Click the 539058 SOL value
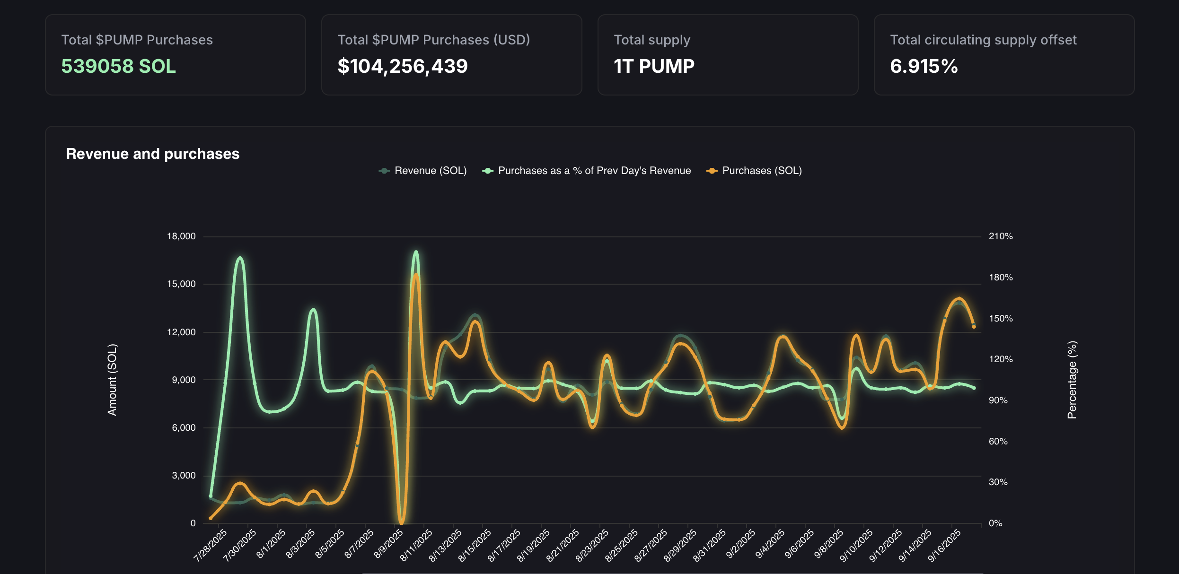[118, 66]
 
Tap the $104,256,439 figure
[402, 66]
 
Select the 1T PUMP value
[654, 66]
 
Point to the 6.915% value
[924, 66]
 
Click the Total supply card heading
[651, 40]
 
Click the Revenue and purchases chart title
[152, 154]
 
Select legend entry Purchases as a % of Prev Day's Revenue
[587, 171]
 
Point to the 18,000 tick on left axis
[181, 236]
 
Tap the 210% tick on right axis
[1001, 236]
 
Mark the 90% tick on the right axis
[998, 400]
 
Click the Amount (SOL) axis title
[112, 380]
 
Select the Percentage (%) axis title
[1072, 380]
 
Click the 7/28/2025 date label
[211, 545]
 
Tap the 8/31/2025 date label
[710, 545]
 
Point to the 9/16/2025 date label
[944, 545]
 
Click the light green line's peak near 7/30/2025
[240, 258]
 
